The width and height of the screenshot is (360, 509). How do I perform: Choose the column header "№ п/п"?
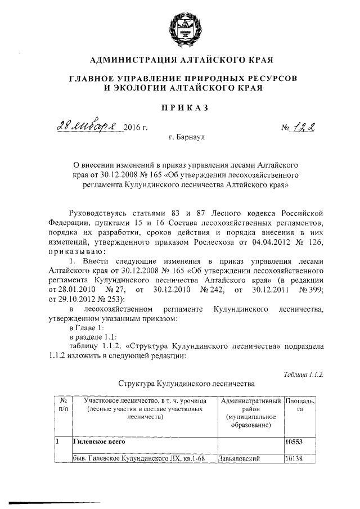61,404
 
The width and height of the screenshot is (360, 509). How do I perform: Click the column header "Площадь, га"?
300,404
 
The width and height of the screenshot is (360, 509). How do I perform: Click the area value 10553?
295,442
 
